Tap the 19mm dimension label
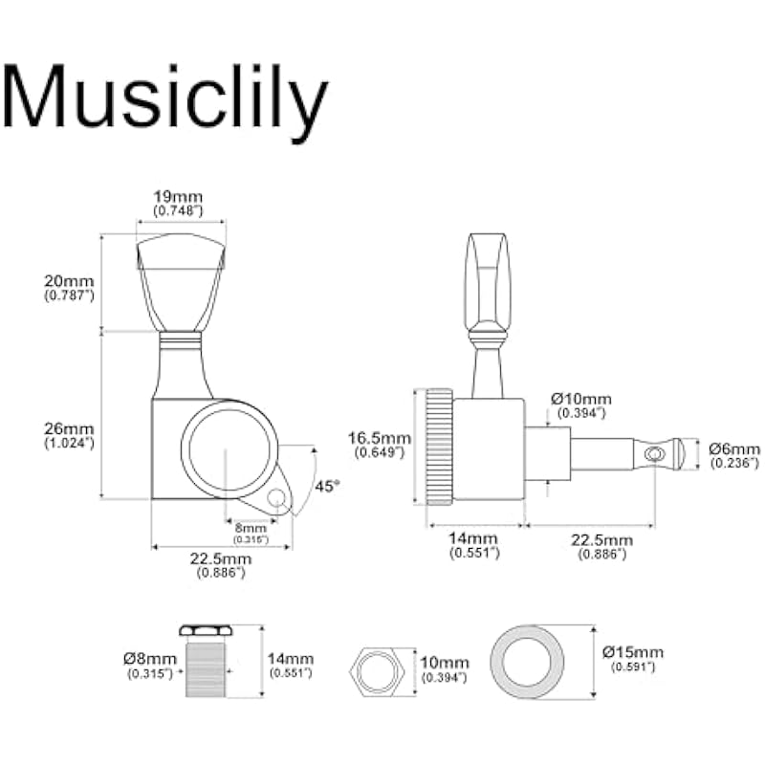(179, 197)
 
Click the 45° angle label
(327, 486)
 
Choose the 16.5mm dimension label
(379, 438)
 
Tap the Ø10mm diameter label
(581, 399)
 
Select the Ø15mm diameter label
(627, 653)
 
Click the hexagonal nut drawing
(381, 663)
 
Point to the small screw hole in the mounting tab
(278, 498)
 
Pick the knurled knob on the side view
(439, 446)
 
